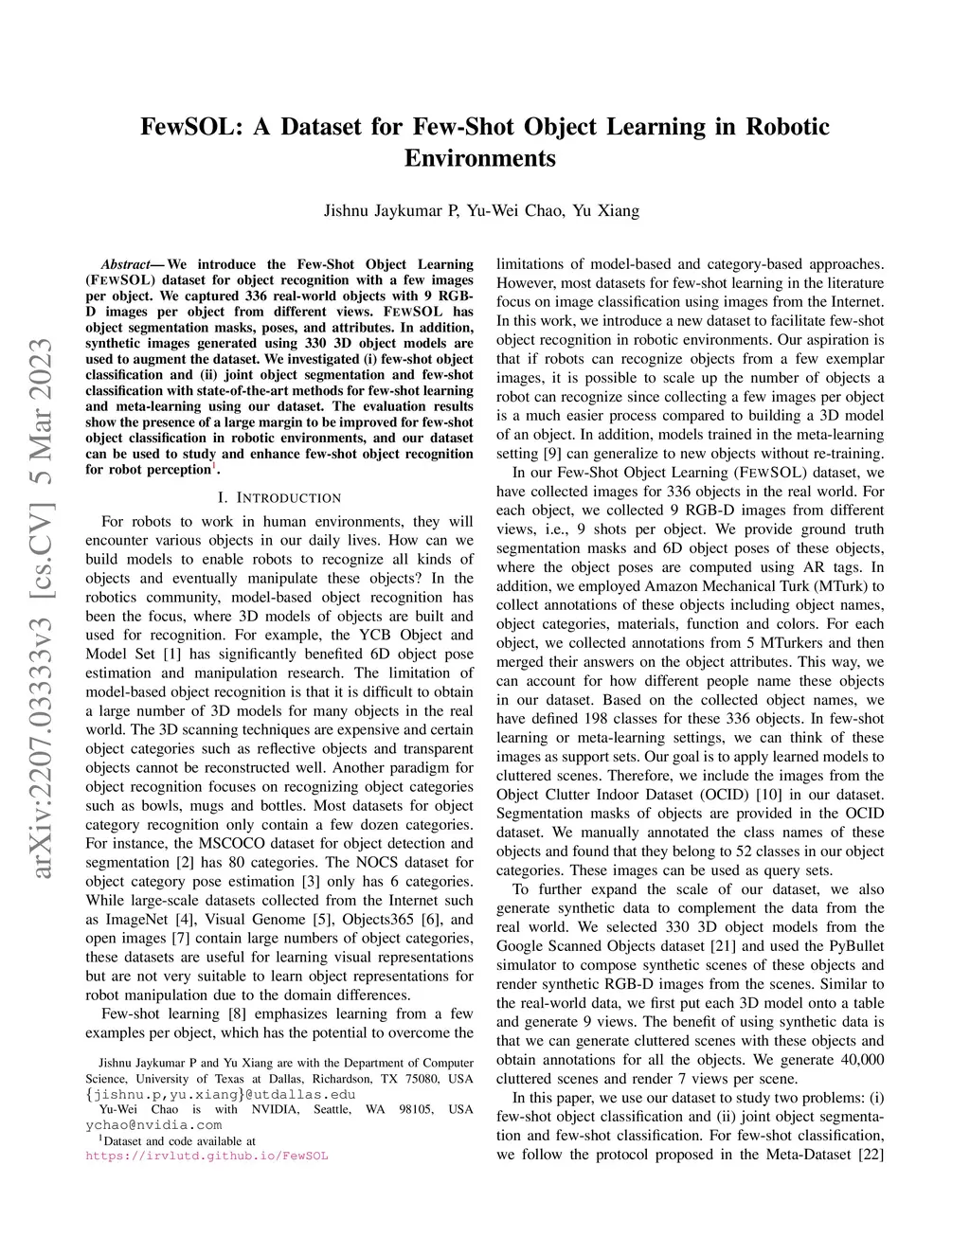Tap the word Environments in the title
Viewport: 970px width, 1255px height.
coord(480,158)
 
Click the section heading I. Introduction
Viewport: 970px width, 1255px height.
coord(279,497)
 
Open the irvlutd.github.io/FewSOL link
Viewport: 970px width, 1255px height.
coord(207,1156)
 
